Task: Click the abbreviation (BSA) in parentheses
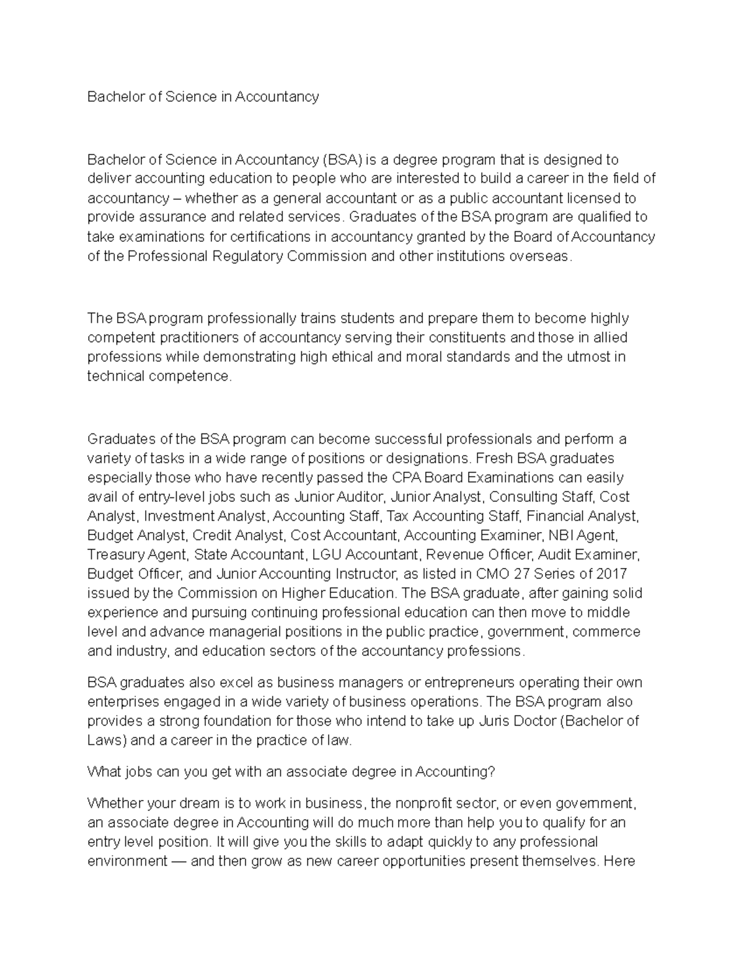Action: pyautogui.click(x=341, y=160)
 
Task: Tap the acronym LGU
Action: pyautogui.click(x=326, y=554)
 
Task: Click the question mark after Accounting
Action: pyautogui.click(x=492, y=771)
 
